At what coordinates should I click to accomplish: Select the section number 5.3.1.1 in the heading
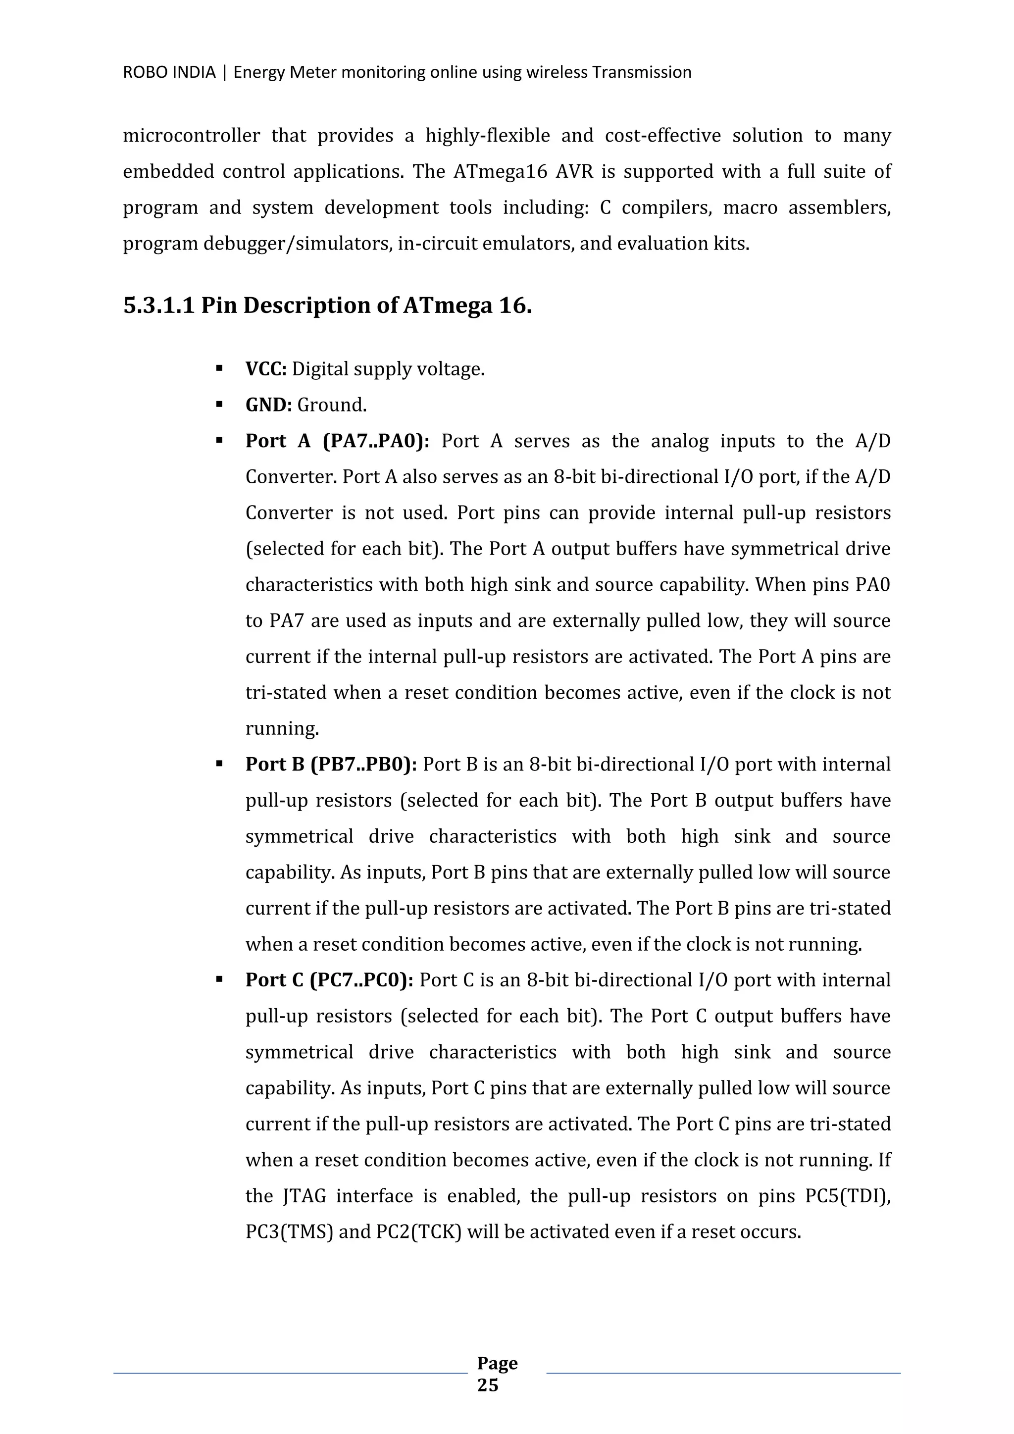pos(158,306)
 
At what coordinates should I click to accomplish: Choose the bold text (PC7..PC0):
pos(361,980)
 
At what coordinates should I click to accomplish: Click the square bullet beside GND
pos(219,405)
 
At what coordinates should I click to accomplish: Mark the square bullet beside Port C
pos(219,980)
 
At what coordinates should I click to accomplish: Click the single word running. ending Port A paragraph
pos(282,728)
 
